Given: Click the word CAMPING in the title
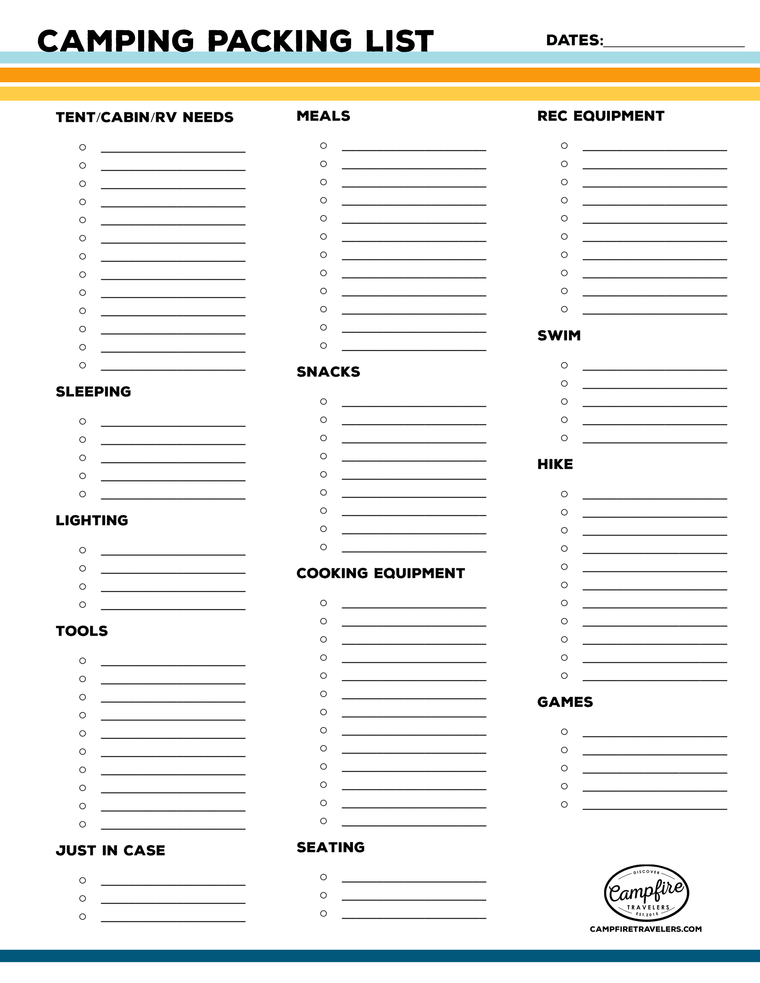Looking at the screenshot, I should (x=116, y=41).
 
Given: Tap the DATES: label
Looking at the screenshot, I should (x=574, y=40).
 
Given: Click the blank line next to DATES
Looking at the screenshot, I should (x=674, y=44).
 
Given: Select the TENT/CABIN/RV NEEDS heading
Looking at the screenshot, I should (x=144, y=118).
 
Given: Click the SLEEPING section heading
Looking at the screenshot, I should (x=93, y=392).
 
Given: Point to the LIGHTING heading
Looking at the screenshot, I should (x=92, y=520).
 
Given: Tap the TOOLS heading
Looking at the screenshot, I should (x=81, y=631).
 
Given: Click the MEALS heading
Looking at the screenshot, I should (x=323, y=116).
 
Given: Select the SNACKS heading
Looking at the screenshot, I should (x=328, y=372).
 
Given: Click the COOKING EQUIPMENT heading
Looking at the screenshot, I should (x=380, y=573).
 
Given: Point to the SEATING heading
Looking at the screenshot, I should (x=330, y=847).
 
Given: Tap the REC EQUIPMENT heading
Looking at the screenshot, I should (x=601, y=116).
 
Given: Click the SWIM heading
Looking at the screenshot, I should (x=559, y=335).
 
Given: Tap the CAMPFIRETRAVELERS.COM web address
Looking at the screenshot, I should (x=646, y=929).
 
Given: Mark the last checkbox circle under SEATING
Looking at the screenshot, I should (x=323, y=913).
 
